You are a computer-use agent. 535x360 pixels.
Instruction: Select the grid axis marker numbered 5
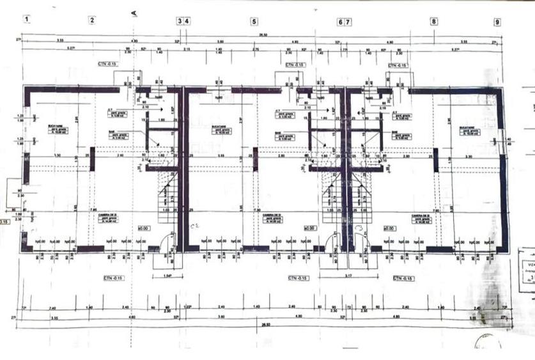click(254, 21)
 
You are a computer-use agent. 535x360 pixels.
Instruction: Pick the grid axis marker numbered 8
click(434, 21)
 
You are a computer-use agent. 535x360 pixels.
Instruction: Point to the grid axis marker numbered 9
click(497, 22)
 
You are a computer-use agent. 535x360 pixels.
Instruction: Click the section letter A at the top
click(134, 13)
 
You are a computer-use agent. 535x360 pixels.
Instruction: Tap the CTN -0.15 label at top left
click(107, 65)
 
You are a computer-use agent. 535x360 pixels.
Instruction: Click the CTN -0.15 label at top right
click(398, 65)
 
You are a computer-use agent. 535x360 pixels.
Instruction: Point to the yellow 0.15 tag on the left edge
click(4, 222)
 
